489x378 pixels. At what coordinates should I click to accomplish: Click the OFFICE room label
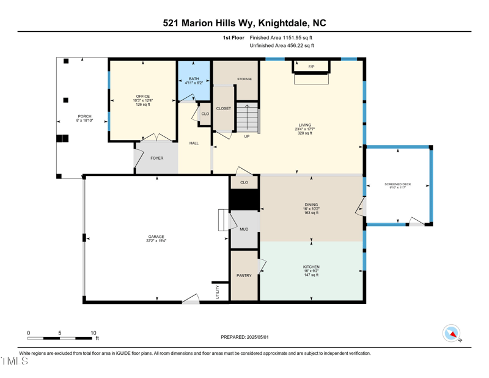tap(143, 97)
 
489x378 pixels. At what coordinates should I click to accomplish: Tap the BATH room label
tap(194, 79)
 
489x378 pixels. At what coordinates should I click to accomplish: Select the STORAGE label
tap(244, 79)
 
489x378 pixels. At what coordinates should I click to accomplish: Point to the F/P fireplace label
tap(311, 66)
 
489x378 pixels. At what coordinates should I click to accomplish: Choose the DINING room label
tap(311, 205)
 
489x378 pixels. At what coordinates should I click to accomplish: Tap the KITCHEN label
tap(311, 267)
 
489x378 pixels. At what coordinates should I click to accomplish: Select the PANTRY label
tap(244, 276)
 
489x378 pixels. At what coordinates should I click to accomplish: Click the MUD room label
tap(244, 229)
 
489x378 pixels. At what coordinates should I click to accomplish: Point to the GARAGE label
tap(156, 237)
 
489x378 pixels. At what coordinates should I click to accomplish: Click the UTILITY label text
tap(218, 292)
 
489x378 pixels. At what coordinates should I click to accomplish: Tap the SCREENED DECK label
tap(398, 184)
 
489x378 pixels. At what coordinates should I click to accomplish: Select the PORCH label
tap(84, 116)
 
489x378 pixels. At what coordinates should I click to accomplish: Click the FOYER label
tap(157, 158)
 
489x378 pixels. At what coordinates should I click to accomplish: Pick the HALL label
tap(194, 143)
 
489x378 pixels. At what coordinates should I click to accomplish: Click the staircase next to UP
tap(248, 117)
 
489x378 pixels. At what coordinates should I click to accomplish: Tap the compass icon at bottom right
tap(452, 333)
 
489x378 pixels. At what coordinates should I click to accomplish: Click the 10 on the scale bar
tap(94, 333)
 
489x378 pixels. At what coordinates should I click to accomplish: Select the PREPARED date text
tap(244, 337)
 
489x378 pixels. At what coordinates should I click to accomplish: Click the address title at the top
tap(244, 23)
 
